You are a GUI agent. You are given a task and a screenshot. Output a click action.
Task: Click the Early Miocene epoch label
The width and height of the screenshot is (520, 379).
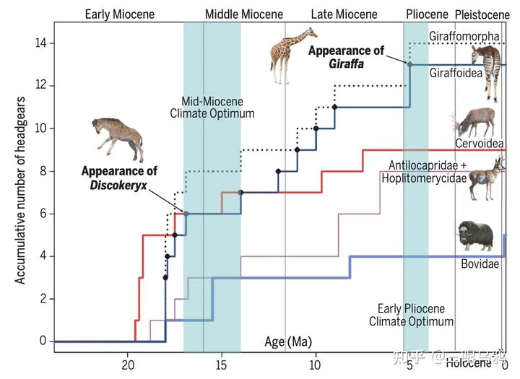pos(113,14)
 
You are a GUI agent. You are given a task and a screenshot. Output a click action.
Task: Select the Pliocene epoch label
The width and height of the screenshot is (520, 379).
pos(427,14)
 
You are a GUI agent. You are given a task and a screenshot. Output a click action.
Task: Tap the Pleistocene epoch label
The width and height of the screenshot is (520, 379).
pos(482,14)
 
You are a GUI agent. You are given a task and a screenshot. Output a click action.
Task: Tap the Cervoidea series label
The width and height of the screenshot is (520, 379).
pos(479,143)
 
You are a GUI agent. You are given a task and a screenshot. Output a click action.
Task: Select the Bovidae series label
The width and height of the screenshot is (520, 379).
pos(480,264)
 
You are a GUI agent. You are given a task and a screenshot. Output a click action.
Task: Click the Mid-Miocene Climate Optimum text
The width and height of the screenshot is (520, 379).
pos(212,108)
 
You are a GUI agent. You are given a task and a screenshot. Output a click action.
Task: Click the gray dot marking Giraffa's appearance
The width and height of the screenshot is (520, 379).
pos(410,65)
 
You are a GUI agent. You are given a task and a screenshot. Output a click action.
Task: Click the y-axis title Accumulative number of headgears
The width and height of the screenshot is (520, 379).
pos(21,189)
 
